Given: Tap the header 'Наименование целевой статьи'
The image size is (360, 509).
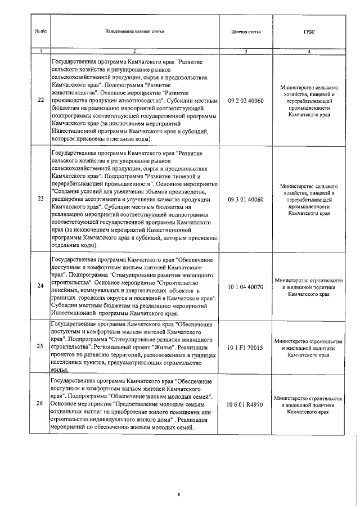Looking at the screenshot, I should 134,31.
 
